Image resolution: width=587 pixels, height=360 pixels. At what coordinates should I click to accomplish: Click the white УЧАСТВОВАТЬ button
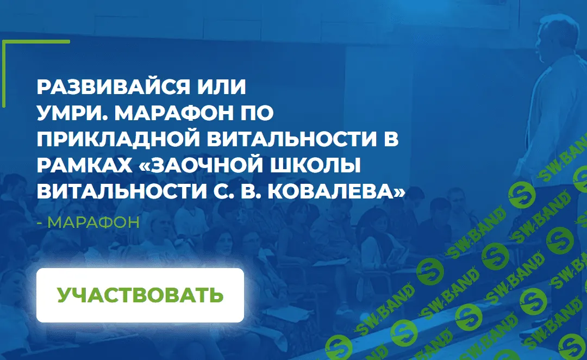click(x=140, y=295)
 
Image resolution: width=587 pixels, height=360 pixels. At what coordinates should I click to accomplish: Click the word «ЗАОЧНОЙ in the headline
click(x=209, y=165)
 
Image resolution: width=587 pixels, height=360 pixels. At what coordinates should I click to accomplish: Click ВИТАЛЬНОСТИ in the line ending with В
click(x=286, y=139)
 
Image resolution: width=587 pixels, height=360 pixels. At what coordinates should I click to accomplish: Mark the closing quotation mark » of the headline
click(x=400, y=191)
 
